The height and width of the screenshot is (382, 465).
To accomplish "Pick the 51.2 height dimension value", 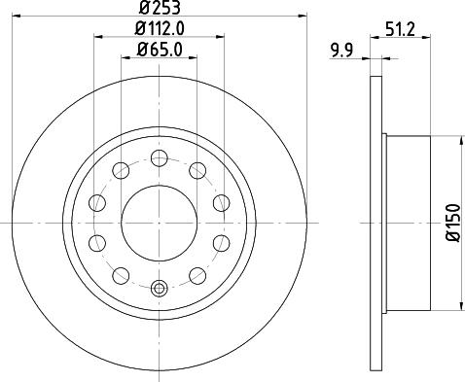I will [401, 29].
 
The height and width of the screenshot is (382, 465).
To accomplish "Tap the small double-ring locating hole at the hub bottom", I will [160, 288].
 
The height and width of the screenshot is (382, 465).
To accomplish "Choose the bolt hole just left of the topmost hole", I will [122, 172].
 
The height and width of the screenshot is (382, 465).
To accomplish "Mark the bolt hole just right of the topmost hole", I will [197, 172].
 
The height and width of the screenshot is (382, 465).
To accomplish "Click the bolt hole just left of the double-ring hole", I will [122, 273].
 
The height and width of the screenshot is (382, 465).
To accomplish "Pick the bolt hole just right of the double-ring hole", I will [197, 273].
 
